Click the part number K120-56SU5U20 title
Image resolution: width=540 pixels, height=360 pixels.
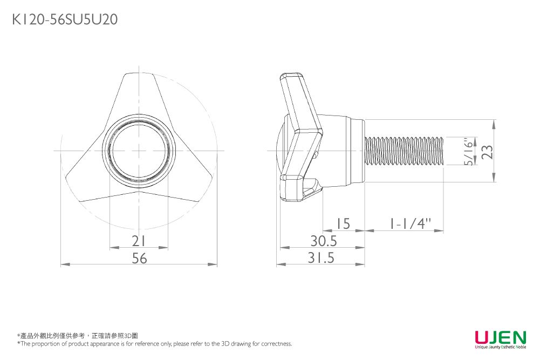tap(65, 19)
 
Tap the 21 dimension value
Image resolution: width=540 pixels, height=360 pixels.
tap(139, 241)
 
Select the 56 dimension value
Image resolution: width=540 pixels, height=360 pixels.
tap(140, 258)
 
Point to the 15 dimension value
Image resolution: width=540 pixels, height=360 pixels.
tap(343, 224)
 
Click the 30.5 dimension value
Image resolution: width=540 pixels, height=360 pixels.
tap(324, 241)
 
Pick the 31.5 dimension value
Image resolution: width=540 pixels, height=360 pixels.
tap(321, 257)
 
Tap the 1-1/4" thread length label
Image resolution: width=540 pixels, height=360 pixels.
tap(410, 224)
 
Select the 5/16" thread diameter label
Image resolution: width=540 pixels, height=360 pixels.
tap(468, 152)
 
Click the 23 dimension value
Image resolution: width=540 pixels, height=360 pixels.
tap(487, 152)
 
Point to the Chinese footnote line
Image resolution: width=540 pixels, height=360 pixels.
tap(78, 336)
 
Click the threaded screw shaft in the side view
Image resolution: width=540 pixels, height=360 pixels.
tap(404, 151)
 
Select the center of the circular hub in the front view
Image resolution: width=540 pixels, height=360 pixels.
tap(139, 151)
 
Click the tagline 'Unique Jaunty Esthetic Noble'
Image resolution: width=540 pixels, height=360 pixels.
tap(501, 347)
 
